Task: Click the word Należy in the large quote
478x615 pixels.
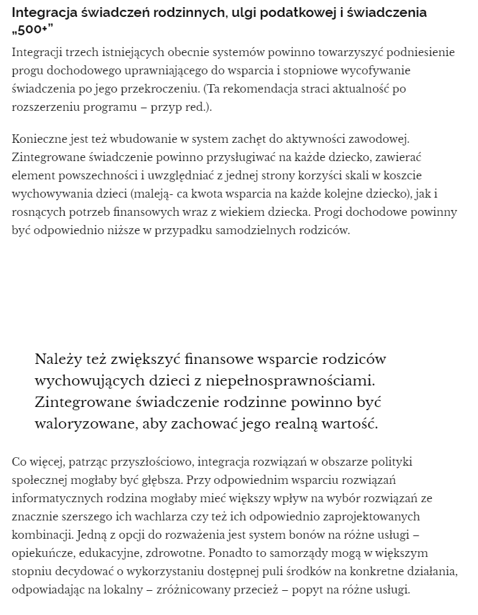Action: pos(57,359)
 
